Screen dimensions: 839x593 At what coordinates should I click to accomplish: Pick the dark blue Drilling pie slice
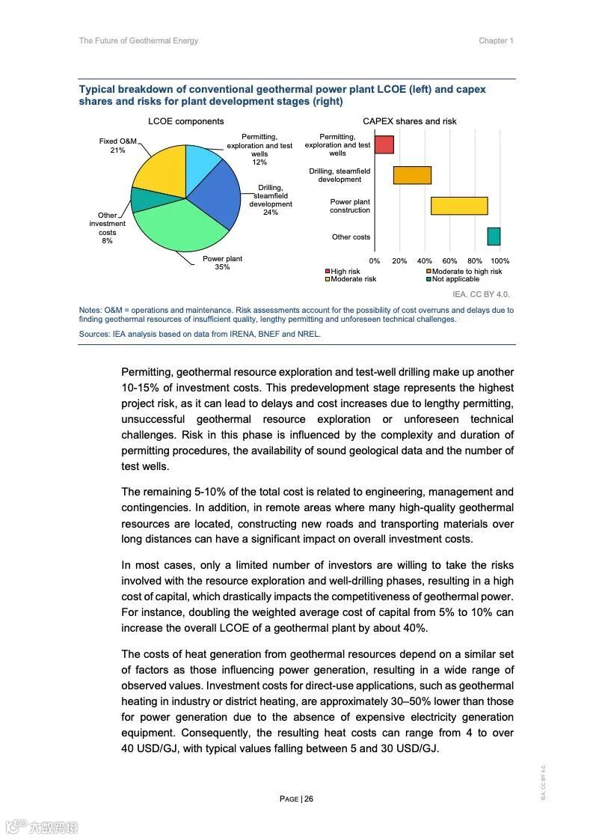[x=218, y=196]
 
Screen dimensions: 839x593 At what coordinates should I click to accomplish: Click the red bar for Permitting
[x=384, y=144]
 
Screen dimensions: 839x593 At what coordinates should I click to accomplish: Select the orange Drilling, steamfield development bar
[x=412, y=175]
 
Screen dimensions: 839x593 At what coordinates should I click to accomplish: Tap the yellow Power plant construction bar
[x=459, y=206]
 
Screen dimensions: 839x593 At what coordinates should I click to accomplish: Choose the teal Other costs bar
[x=494, y=237]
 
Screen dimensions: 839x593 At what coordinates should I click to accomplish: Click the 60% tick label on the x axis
[x=450, y=261]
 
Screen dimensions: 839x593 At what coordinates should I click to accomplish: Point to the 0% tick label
[x=375, y=261]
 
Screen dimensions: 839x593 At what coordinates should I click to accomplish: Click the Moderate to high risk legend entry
[x=464, y=271]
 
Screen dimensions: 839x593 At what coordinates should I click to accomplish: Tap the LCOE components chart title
[x=185, y=121]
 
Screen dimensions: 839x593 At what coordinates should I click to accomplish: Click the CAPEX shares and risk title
[x=409, y=121]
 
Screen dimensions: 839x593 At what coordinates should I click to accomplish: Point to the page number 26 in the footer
[x=308, y=799]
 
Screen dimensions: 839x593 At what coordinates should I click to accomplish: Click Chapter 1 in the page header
[x=496, y=40]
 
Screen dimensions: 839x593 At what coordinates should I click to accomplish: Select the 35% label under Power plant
[x=222, y=267]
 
